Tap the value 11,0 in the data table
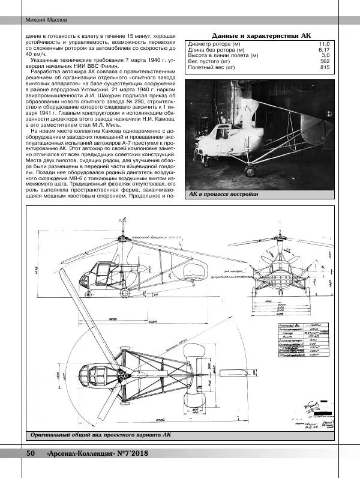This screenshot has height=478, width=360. click(x=324, y=44)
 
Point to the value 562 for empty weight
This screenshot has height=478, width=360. click(x=325, y=61)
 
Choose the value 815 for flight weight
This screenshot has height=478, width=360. click(x=325, y=67)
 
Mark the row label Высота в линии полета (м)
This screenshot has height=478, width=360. click(x=223, y=56)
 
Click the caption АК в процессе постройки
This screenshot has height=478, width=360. click(x=223, y=194)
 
